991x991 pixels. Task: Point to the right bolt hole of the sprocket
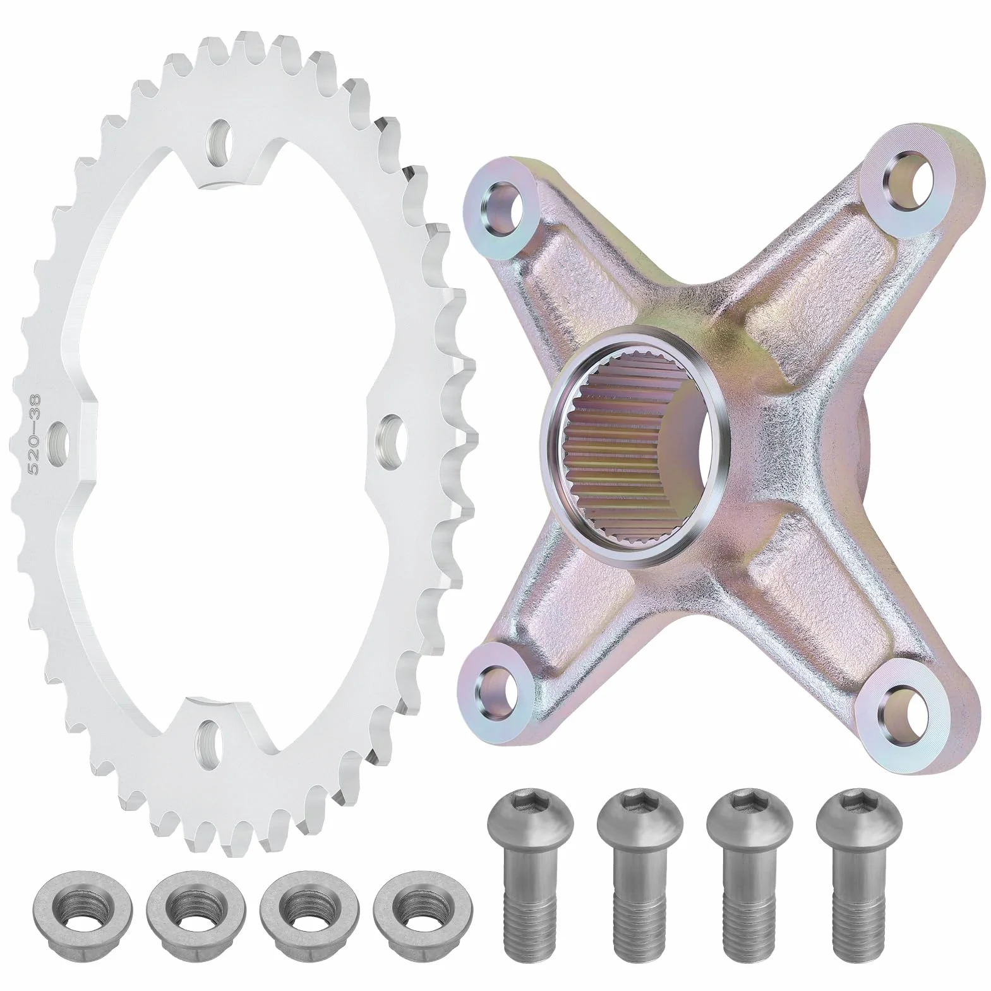coord(390,434)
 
